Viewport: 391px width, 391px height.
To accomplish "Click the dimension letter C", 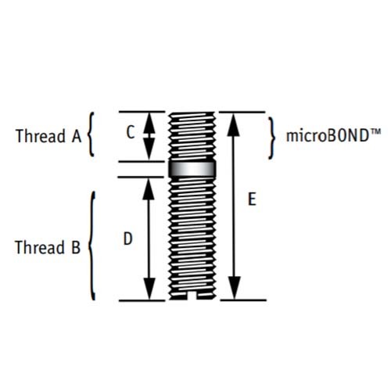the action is point(131,132).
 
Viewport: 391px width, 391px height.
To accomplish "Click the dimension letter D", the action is point(127,239).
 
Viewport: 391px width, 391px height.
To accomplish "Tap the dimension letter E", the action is point(252,199).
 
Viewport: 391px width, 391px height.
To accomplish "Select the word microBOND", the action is point(328,136).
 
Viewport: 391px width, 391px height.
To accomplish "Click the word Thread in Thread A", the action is point(41,136).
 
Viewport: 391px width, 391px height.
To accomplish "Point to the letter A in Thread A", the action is point(77,136).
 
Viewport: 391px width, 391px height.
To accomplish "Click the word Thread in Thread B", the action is point(40,247).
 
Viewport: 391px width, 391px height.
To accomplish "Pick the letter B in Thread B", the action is point(76,247).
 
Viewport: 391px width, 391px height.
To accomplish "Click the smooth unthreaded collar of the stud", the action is point(192,169).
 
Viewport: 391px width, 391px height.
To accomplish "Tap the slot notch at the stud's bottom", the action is point(192,296).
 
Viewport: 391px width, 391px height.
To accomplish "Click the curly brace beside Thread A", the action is point(90,135).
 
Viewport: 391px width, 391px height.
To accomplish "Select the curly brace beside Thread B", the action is point(91,246).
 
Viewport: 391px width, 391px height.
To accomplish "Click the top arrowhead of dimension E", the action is point(233,124).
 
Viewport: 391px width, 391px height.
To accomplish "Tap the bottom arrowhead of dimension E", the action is point(234,288).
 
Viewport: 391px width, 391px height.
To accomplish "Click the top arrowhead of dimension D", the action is point(149,189).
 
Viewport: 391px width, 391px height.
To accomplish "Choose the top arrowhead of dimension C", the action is point(149,123).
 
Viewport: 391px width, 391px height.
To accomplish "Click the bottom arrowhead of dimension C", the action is point(149,149).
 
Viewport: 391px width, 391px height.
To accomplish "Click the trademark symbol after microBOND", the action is point(375,131).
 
